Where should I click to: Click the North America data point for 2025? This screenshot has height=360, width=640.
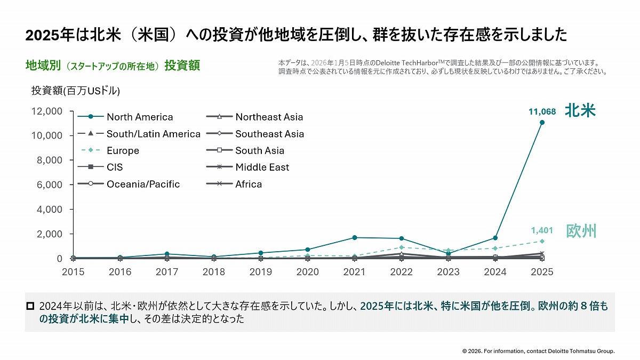[x=542, y=122]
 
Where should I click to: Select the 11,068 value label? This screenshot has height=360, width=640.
[x=542, y=112]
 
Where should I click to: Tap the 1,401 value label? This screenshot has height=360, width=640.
[x=542, y=230]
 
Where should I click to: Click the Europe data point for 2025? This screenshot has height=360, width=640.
[x=542, y=241]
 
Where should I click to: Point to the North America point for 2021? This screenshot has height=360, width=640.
[x=355, y=237]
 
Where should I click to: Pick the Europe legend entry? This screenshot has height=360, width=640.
[x=123, y=150]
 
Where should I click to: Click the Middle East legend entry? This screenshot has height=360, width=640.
[x=262, y=167]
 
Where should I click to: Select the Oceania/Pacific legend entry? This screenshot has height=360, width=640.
[x=143, y=185]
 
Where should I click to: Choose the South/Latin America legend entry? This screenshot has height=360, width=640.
[x=153, y=134]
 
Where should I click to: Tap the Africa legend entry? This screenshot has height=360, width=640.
[x=249, y=185]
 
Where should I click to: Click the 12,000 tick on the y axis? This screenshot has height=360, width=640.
[x=46, y=111]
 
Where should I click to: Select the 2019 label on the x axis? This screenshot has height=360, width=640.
[x=261, y=272]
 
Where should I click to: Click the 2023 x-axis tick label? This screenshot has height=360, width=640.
[x=448, y=272]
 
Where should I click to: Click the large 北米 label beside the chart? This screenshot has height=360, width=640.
[x=580, y=110]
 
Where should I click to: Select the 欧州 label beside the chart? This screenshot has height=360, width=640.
[x=580, y=231]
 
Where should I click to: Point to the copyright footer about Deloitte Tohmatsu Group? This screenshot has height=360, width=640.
[x=538, y=351]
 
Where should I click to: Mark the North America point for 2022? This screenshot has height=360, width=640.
[x=401, y=238]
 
